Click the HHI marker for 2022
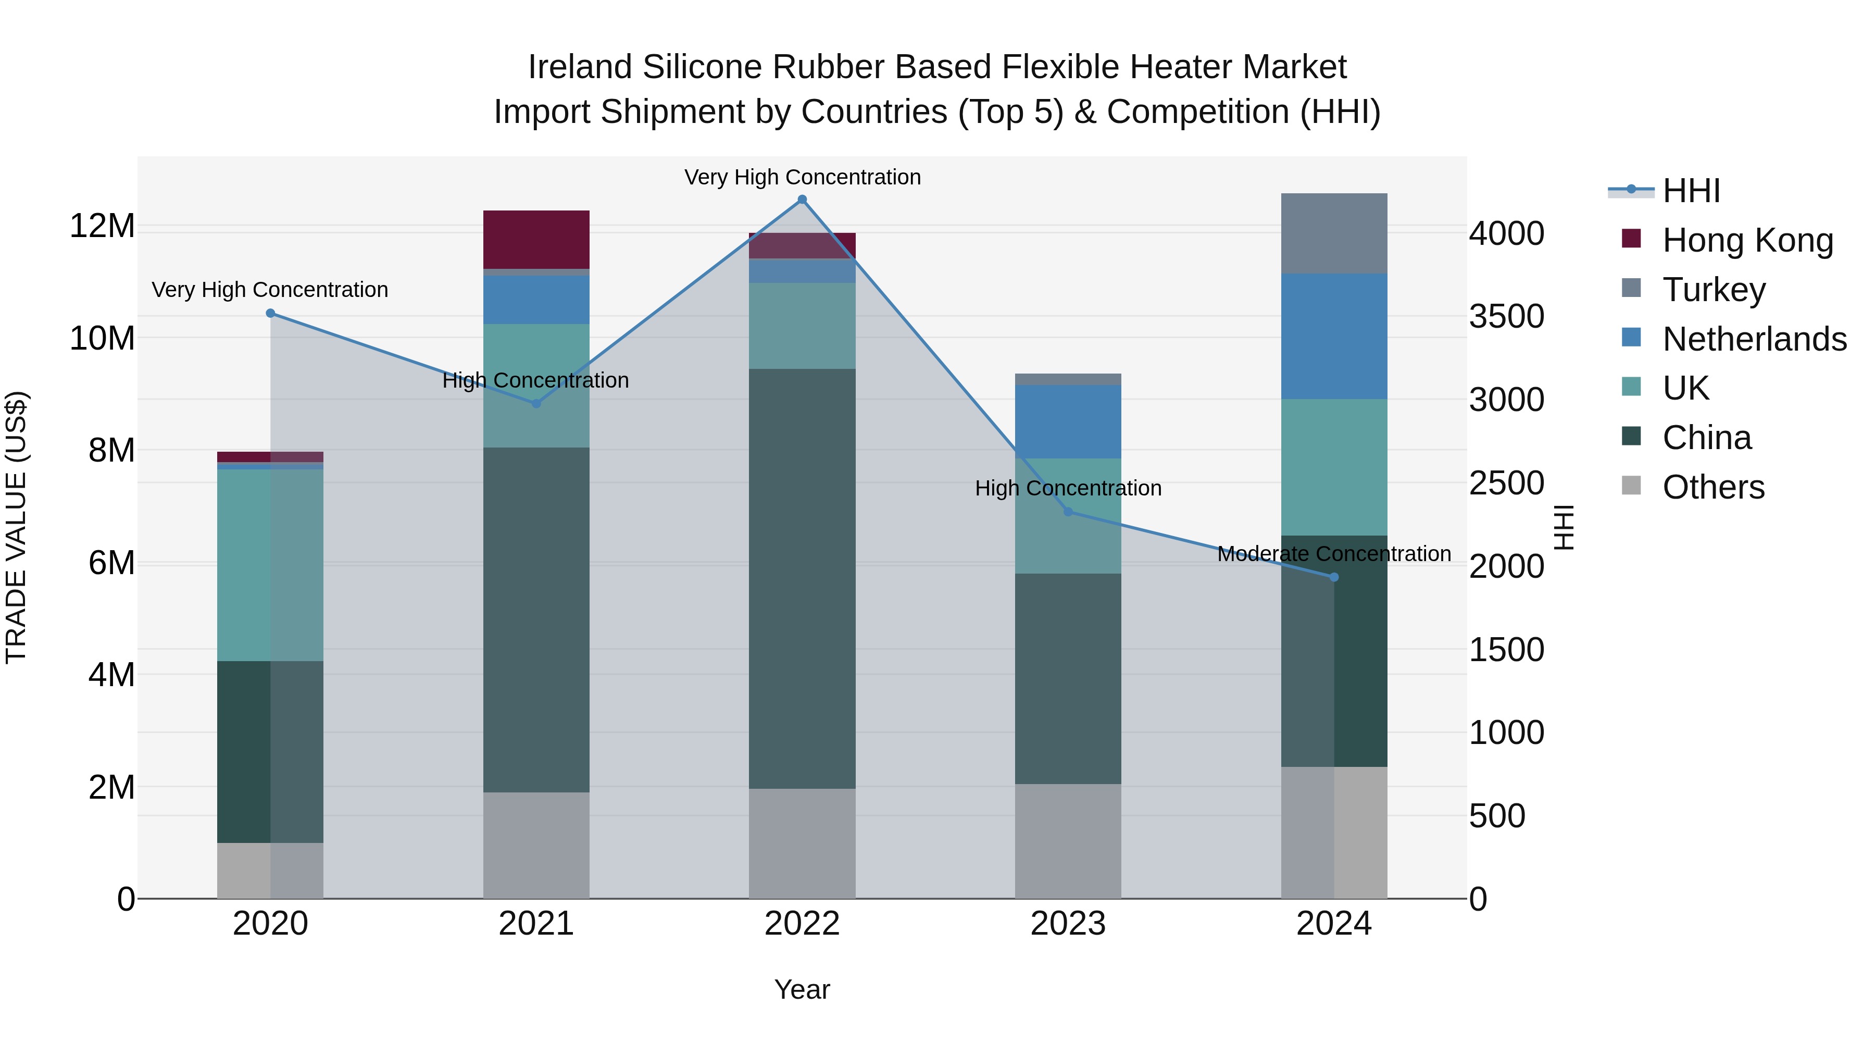tap(802, 200)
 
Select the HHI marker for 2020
tap(270, 313)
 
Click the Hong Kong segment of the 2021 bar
tap(536, 240)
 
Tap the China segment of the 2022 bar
tap(802, 579)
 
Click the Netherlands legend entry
tap(1754, 339)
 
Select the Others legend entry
tap(1714, 487)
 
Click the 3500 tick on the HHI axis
tap(1506, 317)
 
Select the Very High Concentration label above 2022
tap(802, 178)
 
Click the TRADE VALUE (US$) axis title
tap(17, 527)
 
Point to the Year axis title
tap(802, 989)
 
